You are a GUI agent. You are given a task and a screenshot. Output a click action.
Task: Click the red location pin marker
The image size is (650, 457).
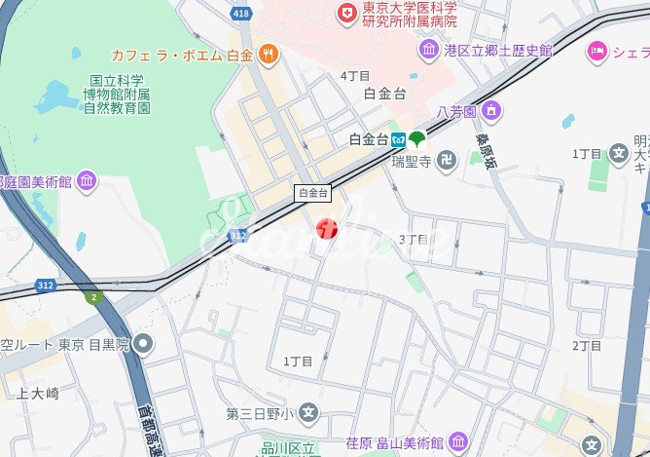coord(328,229)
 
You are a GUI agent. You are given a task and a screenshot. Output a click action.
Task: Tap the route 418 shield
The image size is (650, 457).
coord(242,13)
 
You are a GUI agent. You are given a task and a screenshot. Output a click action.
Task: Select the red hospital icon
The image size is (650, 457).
coord(344,13)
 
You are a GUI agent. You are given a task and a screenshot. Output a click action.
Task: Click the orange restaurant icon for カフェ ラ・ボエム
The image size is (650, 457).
coord(268,55)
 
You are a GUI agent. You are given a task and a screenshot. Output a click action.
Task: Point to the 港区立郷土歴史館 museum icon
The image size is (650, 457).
coord(428,49)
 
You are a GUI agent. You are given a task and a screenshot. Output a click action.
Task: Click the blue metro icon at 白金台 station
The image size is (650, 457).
coord(399,139)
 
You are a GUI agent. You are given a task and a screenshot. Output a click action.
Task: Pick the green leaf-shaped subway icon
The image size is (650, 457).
coord(416,139)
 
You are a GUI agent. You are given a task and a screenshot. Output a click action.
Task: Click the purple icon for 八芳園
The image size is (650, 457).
coord(491,111)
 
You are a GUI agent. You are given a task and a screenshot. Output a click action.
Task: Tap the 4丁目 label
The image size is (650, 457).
coord(354,75)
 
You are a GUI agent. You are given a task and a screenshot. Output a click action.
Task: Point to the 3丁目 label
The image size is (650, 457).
coord(414,239)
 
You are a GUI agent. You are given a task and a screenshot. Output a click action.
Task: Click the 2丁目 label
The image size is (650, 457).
coord(587,346)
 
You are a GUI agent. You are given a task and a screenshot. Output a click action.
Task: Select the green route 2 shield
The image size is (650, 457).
coord(93,296)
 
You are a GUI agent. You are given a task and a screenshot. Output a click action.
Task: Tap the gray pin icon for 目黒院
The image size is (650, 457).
coord(144,343)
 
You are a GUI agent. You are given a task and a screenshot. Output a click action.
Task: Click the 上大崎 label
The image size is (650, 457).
coord(38,393)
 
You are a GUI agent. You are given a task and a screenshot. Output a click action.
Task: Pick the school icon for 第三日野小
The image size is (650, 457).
coord(308,413)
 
